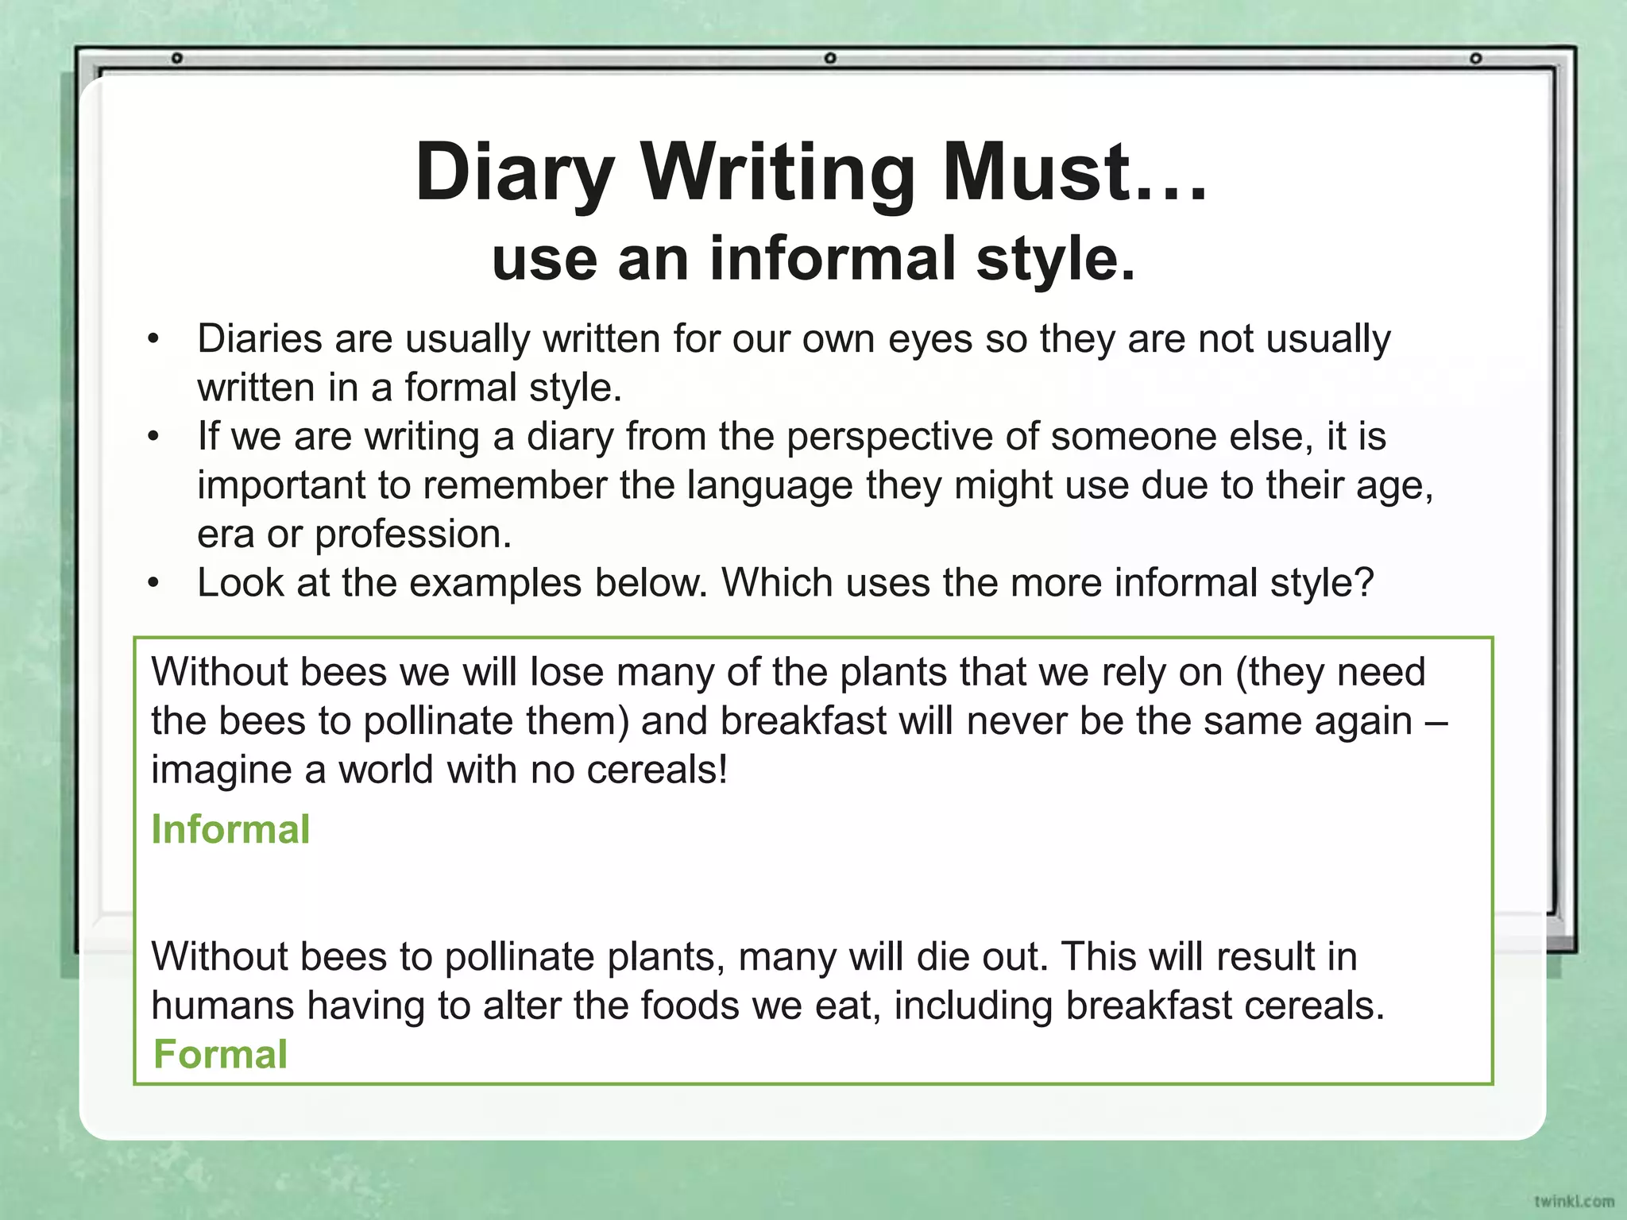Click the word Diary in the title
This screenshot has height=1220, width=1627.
(515, 172)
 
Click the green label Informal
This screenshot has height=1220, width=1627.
(230, 829)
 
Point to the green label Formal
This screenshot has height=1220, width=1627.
(220, 1054)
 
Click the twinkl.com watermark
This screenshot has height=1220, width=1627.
(1574, 1201)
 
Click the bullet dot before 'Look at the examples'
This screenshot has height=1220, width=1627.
(154, 584)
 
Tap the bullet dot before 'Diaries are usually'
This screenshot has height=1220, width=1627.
(154, 340)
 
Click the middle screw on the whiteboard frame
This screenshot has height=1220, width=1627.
(829, 58)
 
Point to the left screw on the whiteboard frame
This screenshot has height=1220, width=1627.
(178, 58)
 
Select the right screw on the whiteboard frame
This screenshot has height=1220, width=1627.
(1475, 58)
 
